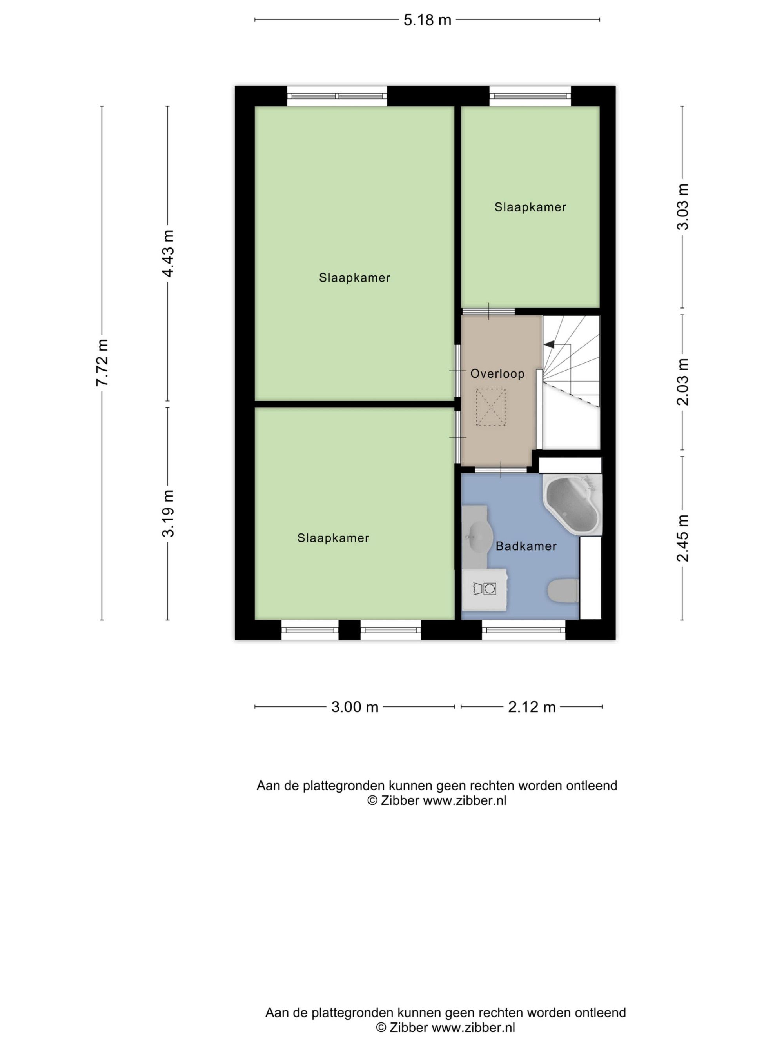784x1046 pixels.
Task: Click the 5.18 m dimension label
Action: point(427,20)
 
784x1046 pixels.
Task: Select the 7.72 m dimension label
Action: point(102,362)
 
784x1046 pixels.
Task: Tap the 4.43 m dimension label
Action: point(168,253)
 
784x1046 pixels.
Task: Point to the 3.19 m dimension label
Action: point(168,513)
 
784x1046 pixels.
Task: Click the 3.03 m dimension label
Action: point(683,207)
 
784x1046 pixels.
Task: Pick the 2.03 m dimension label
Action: point(683,382)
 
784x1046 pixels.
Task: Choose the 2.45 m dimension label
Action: point(683,538)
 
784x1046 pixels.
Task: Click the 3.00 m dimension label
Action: point(354,707)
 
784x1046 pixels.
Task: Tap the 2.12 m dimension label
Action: point(532,707)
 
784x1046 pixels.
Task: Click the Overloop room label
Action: point(497,373)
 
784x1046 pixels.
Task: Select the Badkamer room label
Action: point(526,546)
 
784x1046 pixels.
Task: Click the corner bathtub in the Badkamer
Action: point(573,504)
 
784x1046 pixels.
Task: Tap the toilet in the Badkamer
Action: point(563,591)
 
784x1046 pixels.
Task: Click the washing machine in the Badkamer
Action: point(485,589)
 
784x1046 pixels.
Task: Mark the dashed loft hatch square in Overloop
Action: point(490,407)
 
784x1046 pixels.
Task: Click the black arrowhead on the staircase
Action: point(550,345)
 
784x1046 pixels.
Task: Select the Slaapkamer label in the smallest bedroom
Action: point(530,207)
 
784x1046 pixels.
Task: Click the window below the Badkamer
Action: point(524,630)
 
